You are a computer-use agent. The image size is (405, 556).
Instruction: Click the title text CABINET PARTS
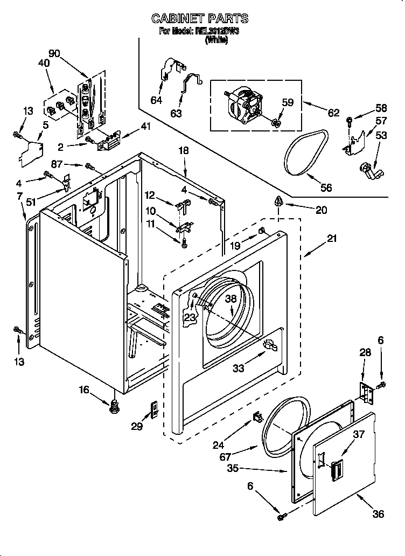[x=200, y=18]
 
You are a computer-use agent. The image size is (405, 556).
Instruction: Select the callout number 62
[x=333, y=113]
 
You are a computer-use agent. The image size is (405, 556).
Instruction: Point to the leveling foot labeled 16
[x=114, y=408]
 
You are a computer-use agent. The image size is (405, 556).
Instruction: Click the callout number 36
[x=378, y=513]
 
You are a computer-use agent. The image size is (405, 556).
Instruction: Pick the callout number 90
[x=54, y=53]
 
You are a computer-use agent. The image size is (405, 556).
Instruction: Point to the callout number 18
[x=184, y=151]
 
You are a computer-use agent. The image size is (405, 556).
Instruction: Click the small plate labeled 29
[x=153, y=409]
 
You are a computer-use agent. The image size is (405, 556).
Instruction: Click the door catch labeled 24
[x=257, y=416]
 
